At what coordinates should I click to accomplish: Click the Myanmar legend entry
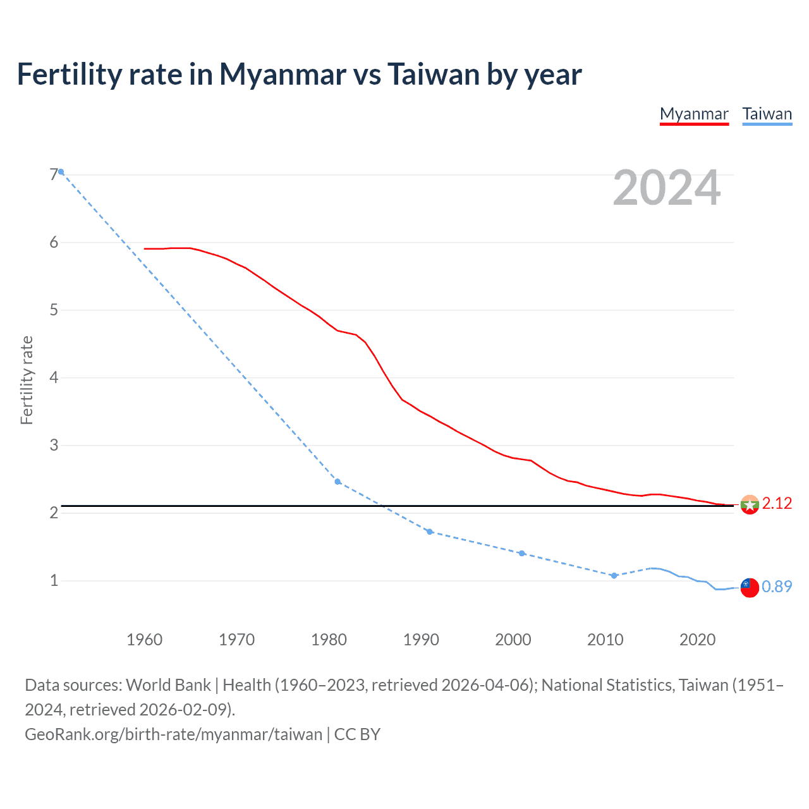coord(694,114)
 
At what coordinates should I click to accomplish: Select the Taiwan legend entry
coord(767,114)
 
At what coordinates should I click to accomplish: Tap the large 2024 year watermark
coord(666,188)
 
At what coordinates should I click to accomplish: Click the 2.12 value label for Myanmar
coord(777,504)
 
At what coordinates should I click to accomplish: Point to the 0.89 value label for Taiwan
coord(777,587)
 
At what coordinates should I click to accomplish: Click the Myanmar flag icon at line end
coord(750,504)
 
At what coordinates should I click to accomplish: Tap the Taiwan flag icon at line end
coord(750,587)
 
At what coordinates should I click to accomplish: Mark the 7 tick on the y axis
coord(54,174)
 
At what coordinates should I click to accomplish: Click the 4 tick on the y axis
coord(54,378)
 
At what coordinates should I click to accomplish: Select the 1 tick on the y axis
coord(54,581)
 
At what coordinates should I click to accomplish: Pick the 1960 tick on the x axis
coord(144,640)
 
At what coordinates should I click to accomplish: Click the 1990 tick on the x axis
coord(421,640)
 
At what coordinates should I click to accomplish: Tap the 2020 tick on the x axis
coord(697,640)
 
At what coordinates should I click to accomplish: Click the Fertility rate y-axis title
coord(27,380)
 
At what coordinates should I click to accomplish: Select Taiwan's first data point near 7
coord(61,172)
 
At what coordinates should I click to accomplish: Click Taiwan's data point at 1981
coord(338,482)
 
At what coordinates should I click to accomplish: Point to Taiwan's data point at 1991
coord(430,532)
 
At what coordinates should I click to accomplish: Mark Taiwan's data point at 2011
coord(614,576)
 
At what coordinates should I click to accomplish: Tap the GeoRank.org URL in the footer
coord(174,734)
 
